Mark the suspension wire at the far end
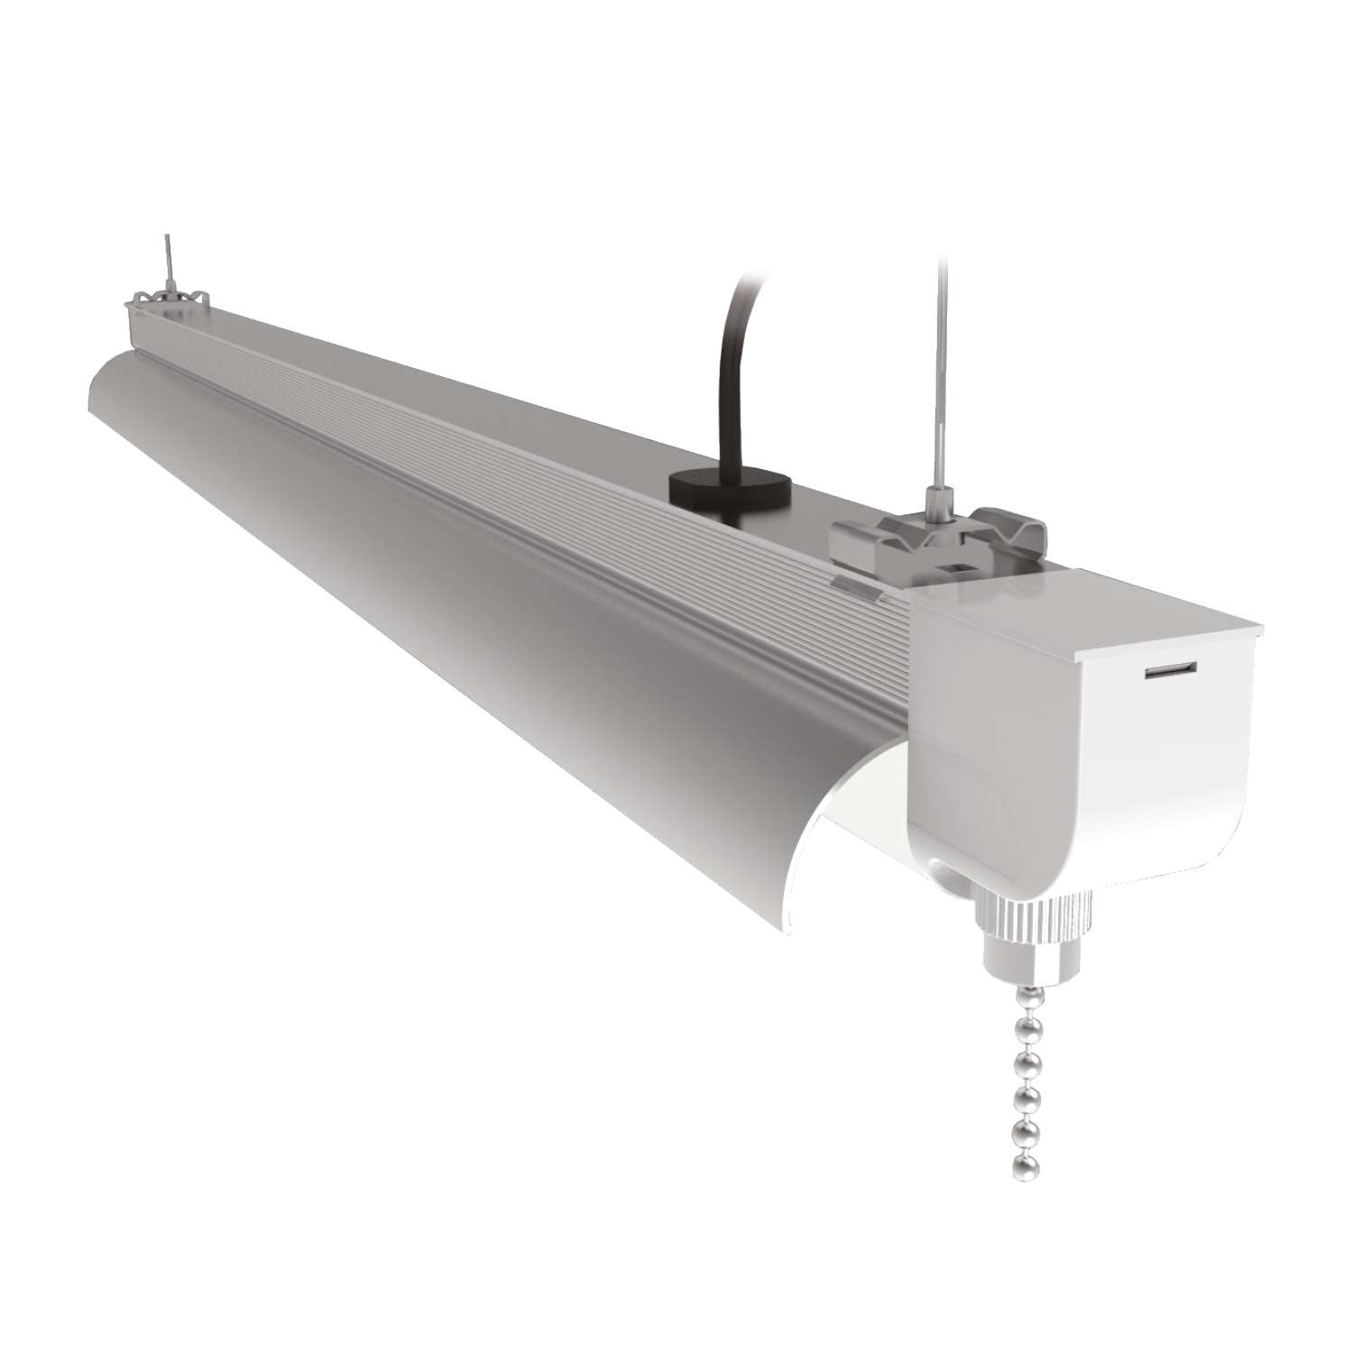167,253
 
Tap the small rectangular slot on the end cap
1170,672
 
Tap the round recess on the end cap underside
943,879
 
